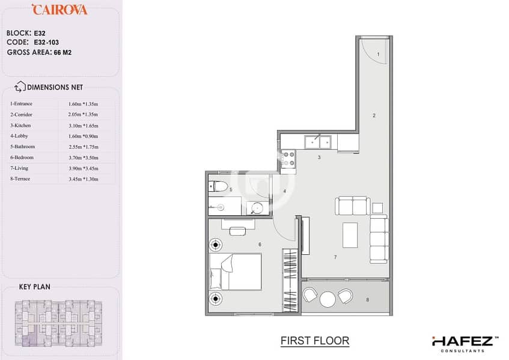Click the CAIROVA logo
pos(59,10)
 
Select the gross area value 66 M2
pos(62,53)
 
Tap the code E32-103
pos(46,42)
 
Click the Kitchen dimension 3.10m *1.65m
pos(83,126)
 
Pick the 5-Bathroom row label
pos(22,147)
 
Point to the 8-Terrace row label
pos(20,179)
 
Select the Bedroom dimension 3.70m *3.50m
pos(84,158)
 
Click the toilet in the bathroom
pos(219,186)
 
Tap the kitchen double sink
pos(318,142)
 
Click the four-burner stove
pos(288,159)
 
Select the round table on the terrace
pos(328,299)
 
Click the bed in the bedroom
pos(236,272)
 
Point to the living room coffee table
pos(350,235)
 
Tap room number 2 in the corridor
pos(374,115)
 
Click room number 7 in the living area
pos(335,257)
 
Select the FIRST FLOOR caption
pos(315,341)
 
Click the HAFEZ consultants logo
pos(465,344)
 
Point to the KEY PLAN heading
pos(35,287)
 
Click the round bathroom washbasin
pos(257,208)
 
